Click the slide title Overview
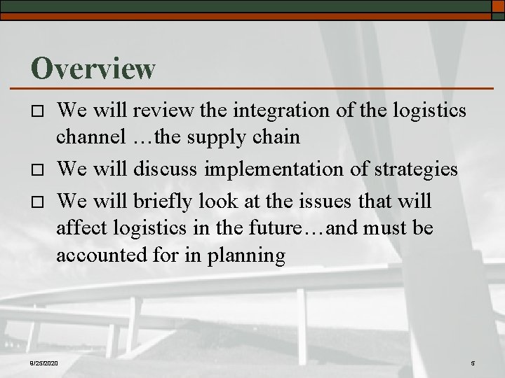point(93,68)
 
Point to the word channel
point(91,138)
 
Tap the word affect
point(79,227)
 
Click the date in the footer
point(45,363)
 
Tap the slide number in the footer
point(473,363)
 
